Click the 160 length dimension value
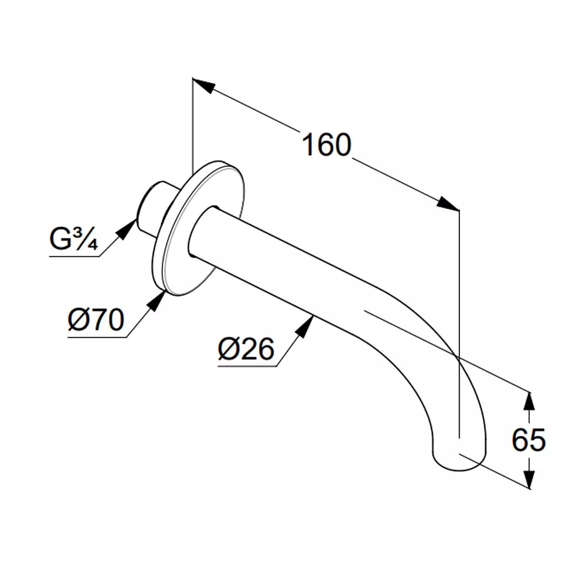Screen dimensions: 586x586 (326, 145)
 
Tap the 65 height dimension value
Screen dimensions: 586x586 (529, 440)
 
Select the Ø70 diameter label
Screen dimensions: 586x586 (96, 320)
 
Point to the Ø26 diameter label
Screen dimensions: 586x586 (246, 349)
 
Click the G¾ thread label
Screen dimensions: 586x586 (74, 239)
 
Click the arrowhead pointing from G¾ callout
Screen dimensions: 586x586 (127, 229)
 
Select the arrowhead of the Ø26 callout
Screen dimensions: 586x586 (305, 326)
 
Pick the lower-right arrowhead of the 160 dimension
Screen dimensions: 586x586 (448, 204)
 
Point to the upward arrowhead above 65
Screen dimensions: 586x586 (528, 402)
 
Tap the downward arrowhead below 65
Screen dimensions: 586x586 (529, 478)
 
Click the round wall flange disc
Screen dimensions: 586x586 (199, 229)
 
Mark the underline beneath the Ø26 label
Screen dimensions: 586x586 (247, 366)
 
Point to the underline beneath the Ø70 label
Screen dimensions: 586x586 (97, 338)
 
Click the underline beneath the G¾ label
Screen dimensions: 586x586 (74, 257)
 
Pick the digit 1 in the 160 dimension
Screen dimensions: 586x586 (308, 145)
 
